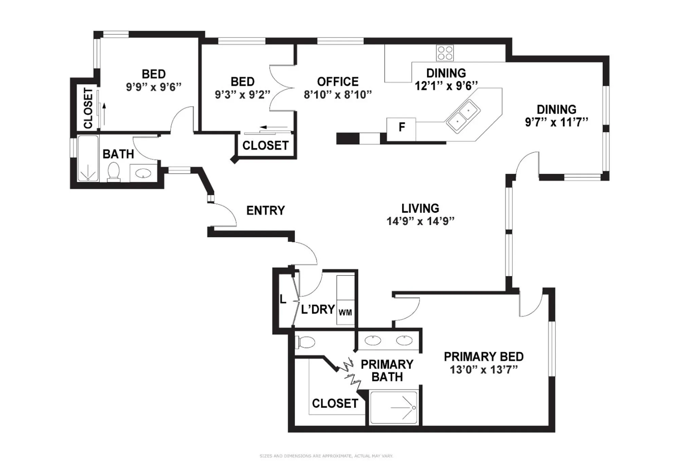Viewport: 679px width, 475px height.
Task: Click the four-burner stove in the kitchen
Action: (x=445, y=53)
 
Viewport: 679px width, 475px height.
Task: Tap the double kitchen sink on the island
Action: (x=463, y=115)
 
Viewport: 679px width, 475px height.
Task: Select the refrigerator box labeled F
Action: (x=401, y=128)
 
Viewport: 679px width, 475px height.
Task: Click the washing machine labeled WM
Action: (x=345, y=312)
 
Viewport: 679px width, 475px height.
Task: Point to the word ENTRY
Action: (x=265, y=211)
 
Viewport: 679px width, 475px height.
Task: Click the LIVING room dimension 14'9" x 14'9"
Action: (x=420, y=221)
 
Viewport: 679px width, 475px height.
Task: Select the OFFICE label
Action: (x=338, y=82)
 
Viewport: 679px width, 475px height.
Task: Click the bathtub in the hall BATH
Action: (x=88, y=158)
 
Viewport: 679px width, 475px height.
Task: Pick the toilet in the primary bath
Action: (x=306, y=342)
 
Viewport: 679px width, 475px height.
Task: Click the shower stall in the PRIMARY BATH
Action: (x=393, y=407)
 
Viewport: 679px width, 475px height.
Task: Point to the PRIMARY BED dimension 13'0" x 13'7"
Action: (x=484, y=369)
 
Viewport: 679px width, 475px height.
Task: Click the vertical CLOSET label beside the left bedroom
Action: (x=88, y=108)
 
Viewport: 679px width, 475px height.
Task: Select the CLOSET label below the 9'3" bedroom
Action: (x=265, y=146)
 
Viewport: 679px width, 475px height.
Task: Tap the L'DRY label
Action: (x=318, y=309)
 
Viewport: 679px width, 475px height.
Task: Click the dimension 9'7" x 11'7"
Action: (x=556, y=122)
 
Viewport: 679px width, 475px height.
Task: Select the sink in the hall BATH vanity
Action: (x=144, y=173)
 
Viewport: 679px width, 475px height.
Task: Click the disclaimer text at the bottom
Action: (x=326, y=456)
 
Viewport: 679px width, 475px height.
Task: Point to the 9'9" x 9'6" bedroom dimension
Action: (x=154, y=87)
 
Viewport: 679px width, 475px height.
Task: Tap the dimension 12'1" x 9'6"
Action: (x=446, y=86)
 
